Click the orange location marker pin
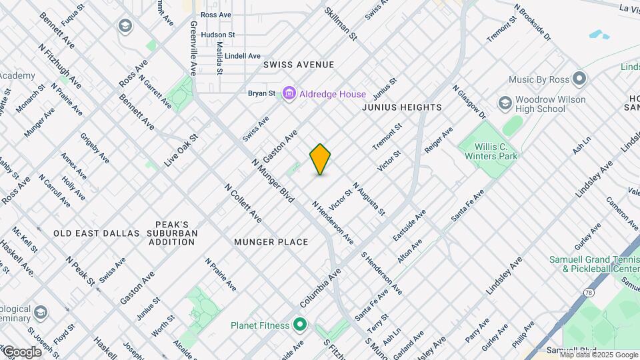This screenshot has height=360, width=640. click(321, 159)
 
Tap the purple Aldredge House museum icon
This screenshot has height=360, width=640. click(289, 93)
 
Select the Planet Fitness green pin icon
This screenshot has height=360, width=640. click(300, 325)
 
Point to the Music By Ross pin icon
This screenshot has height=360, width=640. click(579, 79)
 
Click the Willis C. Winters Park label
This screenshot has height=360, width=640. click(496, 151)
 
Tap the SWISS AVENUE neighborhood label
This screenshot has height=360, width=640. click(298, 65)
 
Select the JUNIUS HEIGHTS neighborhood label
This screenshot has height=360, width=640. click(402, 107)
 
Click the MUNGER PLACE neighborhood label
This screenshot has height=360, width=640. click(271, 242)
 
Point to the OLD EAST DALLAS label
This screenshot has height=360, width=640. click(97, 233)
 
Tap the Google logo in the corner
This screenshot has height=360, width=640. click(22, 351)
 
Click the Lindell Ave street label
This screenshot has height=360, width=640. click(242, 56)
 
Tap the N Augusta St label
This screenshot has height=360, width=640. click(369, 199)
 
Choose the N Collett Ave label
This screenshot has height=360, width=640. click(243, 203)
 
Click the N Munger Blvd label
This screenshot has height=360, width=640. click(273, 181)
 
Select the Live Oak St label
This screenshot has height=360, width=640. click(181, 150)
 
